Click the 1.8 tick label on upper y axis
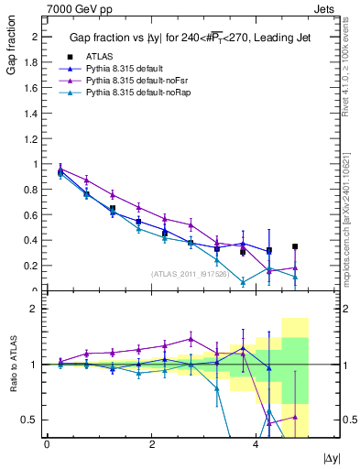(33, 62)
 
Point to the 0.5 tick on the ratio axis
(33, 420)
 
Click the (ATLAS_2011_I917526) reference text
(190, 274)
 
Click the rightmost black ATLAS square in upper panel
(295, 246)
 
